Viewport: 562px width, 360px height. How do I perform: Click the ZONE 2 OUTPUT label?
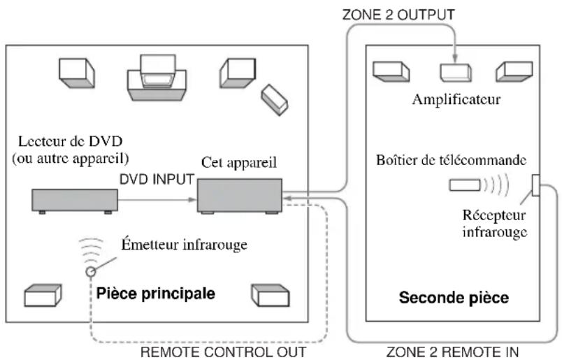coord(398,15)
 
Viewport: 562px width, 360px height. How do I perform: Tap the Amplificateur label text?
coord(456,99)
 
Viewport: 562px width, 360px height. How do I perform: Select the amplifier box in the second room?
coord(456,73)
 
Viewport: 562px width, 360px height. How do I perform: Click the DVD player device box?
coord(75,201)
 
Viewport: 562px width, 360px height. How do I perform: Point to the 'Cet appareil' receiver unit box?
coord(240,196)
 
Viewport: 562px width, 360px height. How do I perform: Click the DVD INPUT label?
coord(157,179)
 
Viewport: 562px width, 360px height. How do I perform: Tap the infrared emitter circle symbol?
coord(91,271)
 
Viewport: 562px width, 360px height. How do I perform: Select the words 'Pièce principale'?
coord(156,294)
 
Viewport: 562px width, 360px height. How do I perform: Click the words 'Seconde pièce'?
coord(454,298)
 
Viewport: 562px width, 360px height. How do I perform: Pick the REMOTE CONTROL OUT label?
coord(223,352)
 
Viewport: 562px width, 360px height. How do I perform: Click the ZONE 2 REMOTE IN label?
coord(452,352)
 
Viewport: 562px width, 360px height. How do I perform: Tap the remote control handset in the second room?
coord(465,185)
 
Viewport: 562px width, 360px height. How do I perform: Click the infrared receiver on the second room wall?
coord(536,185)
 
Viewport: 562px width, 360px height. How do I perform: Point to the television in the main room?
coord(157,78)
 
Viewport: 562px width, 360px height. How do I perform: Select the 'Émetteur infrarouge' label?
coord(185,245)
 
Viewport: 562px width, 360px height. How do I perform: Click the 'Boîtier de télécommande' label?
coord(452,160)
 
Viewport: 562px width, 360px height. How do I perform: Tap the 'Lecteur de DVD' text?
coord(70,141)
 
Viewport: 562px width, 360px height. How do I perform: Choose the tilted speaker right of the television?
coord(275,100)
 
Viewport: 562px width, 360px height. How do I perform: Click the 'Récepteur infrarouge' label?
coord(495,224)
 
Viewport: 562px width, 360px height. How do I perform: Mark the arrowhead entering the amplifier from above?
coord(455,59)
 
